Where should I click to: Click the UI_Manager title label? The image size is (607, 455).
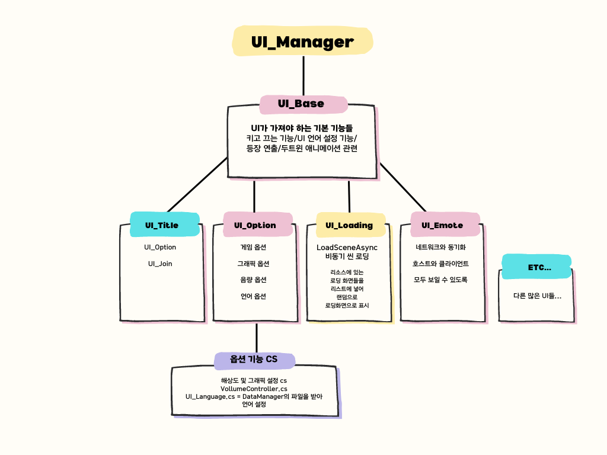pyautogui.click(x=302, y=42)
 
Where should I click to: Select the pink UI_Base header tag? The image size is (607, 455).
pyautogui.click(x=301, y=104)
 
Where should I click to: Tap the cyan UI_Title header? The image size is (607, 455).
pyautogui.click(x=162, y=225)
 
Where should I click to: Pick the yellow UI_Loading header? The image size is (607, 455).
pyautogui.click(x=349, y=225)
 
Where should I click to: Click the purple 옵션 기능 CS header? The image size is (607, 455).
pyautogui.click(x=254, y=359)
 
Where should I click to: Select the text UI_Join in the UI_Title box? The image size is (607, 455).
pyautogui.click(x=160, y=264)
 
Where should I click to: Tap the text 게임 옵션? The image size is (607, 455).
pyautogui.click(x=253, y=247)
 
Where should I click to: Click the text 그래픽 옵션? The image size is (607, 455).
pyautogui.click(x=253, y=264)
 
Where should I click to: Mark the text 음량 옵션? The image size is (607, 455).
pyautogui.click(x=253, y=280)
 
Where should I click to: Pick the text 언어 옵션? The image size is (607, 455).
pyautogui.click(x=253, y=296)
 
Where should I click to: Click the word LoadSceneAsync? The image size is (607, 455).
pyautogui.click(x=347, y=247)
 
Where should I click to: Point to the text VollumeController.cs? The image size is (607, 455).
pyautogui.click(x=254, y=388)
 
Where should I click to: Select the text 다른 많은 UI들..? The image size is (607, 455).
pyautogui.click(x=537, y=296)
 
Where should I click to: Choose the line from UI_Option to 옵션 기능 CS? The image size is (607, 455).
pyautogui.click(x=256, y=338)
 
